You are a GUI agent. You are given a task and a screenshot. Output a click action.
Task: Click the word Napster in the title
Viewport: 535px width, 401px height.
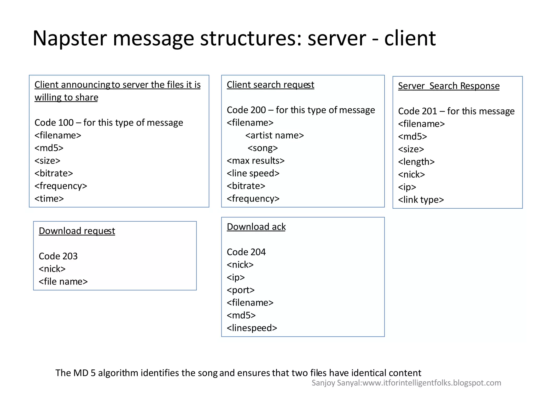70,38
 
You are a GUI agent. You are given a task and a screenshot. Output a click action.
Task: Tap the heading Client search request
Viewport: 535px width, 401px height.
270,85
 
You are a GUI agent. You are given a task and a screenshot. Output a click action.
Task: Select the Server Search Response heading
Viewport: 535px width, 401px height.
449,86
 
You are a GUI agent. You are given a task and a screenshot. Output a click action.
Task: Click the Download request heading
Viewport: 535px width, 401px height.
77,231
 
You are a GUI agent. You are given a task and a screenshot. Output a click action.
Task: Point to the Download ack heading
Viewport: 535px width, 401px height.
256,227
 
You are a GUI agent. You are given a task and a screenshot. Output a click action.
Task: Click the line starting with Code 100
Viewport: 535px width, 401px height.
109,123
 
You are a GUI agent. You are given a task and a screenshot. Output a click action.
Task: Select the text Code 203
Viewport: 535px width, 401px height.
58,256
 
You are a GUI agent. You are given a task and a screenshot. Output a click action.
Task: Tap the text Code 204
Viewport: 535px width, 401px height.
246,252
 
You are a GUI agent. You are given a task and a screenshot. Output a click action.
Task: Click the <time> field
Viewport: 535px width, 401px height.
49,199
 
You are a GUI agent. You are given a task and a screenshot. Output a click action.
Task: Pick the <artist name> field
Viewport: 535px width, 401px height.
275,135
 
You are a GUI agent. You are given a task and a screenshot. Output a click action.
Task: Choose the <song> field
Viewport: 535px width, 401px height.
263,148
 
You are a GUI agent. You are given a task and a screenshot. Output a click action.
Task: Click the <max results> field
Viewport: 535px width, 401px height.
255,161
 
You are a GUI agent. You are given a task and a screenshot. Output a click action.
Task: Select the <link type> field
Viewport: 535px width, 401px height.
421,200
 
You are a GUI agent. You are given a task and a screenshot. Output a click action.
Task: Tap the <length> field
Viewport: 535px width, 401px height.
416,162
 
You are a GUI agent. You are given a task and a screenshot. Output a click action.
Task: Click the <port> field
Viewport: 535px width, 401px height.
241,290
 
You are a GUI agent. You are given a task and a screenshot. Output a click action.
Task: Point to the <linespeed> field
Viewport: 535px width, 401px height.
252,328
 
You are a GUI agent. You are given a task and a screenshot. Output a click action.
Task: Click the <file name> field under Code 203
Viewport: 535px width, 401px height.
63,282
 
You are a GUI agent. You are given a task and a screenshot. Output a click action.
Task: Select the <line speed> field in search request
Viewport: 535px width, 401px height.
253,173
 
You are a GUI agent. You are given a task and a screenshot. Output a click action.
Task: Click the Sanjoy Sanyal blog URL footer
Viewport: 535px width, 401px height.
406,383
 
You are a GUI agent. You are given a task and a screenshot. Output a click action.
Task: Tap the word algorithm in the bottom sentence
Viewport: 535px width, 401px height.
118,373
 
